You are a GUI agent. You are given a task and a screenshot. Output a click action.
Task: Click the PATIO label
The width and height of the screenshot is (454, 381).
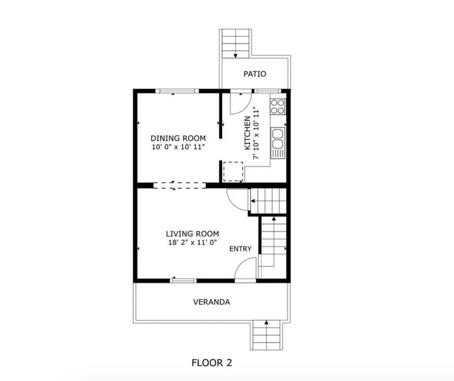[255, 74]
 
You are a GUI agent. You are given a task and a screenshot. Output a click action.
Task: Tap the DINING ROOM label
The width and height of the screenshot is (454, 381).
[178, 138]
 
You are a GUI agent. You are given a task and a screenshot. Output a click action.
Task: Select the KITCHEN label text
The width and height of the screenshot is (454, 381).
[247, 133]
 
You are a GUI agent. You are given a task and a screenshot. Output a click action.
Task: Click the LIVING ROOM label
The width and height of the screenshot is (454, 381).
[192, 234]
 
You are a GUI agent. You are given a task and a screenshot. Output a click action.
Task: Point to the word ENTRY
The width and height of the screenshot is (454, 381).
[240, 249]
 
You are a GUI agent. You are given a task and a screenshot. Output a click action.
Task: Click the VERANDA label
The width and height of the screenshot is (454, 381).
[211, 302]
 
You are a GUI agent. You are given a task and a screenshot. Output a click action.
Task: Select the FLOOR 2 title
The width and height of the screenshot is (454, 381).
[211, 362]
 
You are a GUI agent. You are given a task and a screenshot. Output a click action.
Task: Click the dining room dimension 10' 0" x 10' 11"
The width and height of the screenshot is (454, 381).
[178, 147]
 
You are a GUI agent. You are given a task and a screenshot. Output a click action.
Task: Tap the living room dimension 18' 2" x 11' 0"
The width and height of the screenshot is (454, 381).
[192, 243]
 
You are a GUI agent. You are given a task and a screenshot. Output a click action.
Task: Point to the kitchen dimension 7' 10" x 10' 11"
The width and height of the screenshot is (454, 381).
[256, 133]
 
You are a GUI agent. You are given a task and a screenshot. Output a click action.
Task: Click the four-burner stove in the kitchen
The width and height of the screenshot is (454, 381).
[278, 106]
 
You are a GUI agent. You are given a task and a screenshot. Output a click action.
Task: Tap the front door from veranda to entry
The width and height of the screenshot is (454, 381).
[245, 271]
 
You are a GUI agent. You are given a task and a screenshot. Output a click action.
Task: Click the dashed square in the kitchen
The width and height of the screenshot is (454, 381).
[233, 172]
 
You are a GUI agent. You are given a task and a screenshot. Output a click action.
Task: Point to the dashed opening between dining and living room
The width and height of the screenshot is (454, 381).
[179, 185]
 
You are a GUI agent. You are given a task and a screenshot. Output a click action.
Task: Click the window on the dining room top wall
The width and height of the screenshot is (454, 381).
[178, 91]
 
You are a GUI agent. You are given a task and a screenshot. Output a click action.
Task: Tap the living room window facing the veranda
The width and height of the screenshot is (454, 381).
[183, 280]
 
